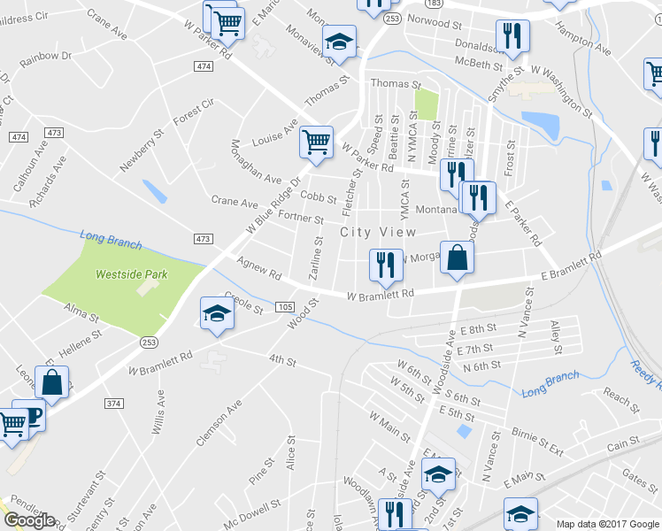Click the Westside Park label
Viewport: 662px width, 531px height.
[132, 274]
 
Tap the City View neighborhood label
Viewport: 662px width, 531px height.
[378, 232]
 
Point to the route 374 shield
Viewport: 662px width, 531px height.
[113, 403]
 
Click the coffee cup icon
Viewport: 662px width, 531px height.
[31, 415]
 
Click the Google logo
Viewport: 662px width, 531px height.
[29, 520]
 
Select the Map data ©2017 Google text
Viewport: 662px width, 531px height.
[607, 524]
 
